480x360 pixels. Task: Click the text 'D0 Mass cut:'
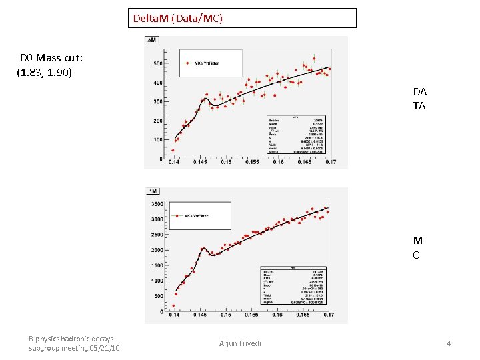pyautogui.click(x=51, y=58)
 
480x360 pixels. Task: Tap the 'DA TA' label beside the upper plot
pyautogui.click(x=419, y=99)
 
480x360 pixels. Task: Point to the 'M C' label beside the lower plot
pyautogui.click(x=417, y=247)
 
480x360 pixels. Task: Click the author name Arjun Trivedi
pyautogui.click(x=240, y=343)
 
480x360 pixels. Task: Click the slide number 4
pyautogui.click(x=449, y=343)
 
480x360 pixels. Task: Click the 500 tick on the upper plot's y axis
pyautogui.click(x=158, y=64)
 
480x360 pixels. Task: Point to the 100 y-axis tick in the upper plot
pyautogui.click(x=159, y=140)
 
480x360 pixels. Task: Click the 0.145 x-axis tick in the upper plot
pyautogui.click(x=199, y=162)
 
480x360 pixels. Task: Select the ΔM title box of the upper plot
pyautogui.click(x=153, y=41)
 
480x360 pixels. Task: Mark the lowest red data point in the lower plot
pyautogui.click(x=173, y=306)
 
